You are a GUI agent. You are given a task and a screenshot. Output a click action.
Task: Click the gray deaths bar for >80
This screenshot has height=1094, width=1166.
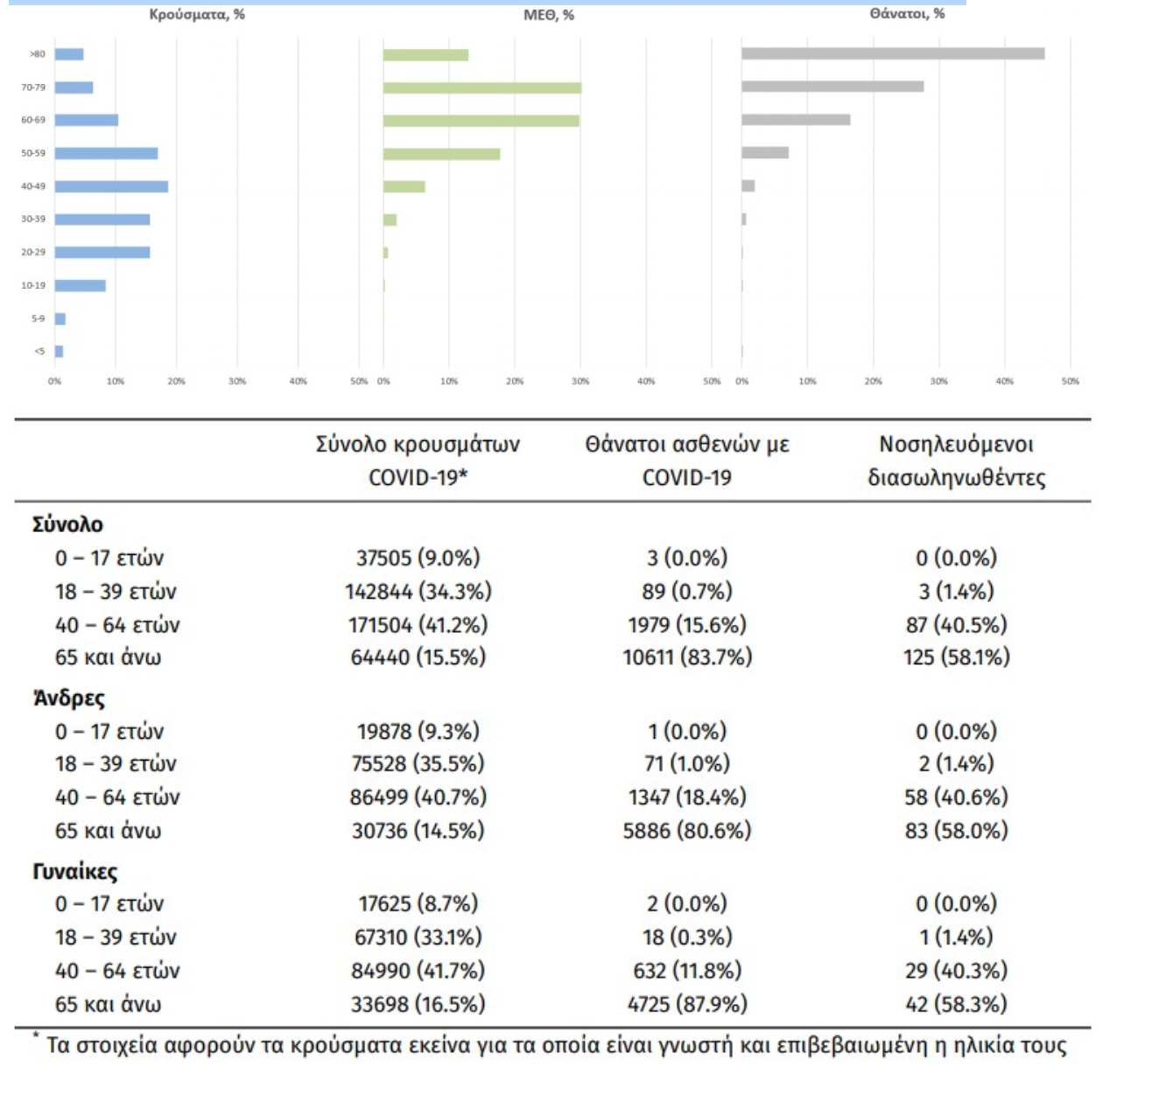pyautogui.click(x=892, y=53)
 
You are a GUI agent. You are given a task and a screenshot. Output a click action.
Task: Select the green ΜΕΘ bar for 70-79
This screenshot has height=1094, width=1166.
pyautogui.click(x=481, y=88)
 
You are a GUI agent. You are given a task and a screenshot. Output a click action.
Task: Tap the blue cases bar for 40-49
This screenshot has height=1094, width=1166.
pyautogui.click(x=111, y=186)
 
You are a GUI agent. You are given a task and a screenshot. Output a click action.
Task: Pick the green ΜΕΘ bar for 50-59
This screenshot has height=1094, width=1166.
pyautogui.click(x=441, y=154)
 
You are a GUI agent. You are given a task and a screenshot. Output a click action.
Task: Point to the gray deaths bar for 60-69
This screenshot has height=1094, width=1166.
pyautogui.click(x=795, y=120)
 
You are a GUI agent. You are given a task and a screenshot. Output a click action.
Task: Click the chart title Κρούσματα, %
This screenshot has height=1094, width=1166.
pyautogui.click(x=197, y=14)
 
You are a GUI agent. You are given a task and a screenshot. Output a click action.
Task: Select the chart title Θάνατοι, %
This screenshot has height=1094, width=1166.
pyautogui.click(x=907, y=14)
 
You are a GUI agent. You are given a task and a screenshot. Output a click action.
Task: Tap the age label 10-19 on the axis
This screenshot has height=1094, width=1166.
pyautogui.click(x=33, y=285)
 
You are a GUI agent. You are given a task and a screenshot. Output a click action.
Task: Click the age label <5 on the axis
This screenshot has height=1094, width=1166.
pyautogui.click(x=39, y=351)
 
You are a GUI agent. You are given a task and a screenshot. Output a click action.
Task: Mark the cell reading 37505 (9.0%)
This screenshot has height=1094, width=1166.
pyautogui.click(x=418, y=558)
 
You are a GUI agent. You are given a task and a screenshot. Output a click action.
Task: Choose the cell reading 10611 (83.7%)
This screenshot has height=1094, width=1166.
pyautogui.click(x=687, y=656)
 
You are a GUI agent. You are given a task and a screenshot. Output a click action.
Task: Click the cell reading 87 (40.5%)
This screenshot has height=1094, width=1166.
pyautogui.click(x=956, y=625)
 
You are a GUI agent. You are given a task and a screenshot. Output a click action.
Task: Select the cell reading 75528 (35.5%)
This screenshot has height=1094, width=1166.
pyautogui.click(x=418, y=763)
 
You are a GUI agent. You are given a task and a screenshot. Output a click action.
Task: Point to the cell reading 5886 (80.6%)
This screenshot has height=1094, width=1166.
pyautogui.click(x=687, y=830)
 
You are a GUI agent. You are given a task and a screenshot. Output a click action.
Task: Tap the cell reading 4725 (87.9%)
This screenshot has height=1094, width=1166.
pyautogui.click(x=687, y=1004)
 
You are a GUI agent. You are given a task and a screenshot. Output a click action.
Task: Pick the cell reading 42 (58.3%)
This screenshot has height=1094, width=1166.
pyautogui.click(x=956, y=1004)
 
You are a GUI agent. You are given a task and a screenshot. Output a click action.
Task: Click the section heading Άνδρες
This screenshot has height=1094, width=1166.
pyautogui.click(x=69, y=698)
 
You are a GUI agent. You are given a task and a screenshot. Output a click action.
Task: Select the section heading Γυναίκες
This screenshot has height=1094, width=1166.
pyautogui.click(x=75, y=872)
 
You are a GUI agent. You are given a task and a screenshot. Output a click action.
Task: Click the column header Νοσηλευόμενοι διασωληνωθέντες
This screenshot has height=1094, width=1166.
pyautogui.click(x=956, y=460)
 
